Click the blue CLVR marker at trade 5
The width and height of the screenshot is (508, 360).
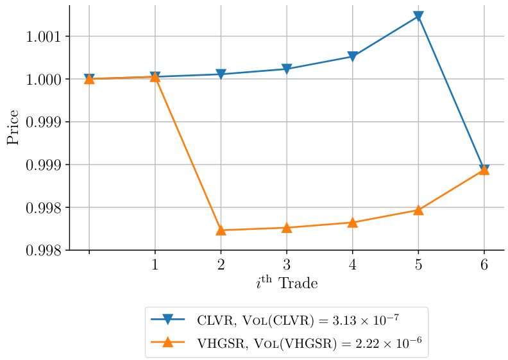tap(418, 16)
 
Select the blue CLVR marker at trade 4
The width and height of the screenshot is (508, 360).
tap(352, 56)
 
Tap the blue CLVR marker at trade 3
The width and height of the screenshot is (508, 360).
tap(287, 69)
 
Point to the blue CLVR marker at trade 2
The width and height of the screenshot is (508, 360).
tap(221, 74)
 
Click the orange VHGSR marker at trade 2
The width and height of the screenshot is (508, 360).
tap(221, 230)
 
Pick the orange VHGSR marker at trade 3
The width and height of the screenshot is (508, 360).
tap(287, 227)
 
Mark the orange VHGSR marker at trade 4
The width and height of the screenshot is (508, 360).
tap(352, 222)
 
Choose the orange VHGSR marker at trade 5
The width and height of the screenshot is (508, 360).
tap(418, 210)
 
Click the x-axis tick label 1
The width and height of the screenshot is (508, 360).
tap(155, 264)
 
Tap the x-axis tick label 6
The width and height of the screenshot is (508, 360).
tap(484, 264)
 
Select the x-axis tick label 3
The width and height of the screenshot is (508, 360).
tap(287, 264)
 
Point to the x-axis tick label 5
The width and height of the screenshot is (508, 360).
tap(418, 264)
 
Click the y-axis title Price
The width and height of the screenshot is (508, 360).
tap(13, 131)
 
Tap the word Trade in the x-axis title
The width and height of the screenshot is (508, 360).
tap(298, 283)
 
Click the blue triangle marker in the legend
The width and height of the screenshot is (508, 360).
tap(168, 319)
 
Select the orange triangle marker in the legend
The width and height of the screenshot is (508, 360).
tap(168, 342)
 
